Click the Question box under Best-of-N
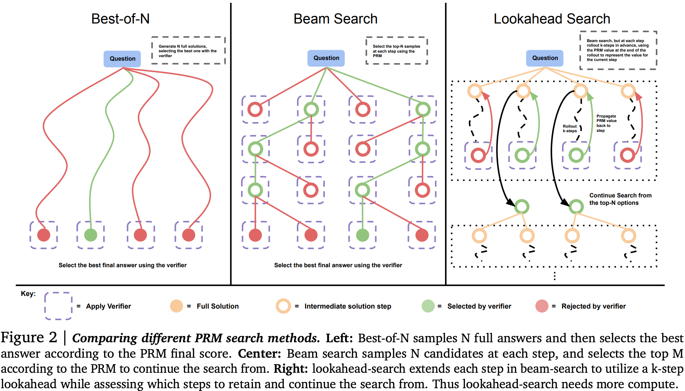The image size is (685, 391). [122, 59]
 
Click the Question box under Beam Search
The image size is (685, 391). [326, 58]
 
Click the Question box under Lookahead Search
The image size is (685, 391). [545, 58]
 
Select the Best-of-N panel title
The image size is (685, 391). [120, 19]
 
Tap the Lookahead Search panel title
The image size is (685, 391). [552, 19]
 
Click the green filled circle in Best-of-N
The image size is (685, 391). [91, 235]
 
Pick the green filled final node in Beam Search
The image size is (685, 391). [363, 235]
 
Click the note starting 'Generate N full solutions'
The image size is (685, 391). [188, 51]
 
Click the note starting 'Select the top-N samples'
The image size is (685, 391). [396, 51]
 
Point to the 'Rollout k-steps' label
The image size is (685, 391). [570, 129]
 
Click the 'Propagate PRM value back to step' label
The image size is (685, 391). [606, 123]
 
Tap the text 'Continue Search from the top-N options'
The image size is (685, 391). [620, 199]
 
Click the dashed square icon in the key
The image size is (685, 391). [58, 306]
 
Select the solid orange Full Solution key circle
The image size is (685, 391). [177, 306]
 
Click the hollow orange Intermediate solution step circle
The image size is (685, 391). [283, 306]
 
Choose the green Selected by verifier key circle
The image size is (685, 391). [428, 306]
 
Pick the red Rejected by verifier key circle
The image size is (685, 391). [542, 306]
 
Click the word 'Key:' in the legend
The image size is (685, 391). [28, 294]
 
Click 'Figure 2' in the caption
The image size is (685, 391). [29, 337]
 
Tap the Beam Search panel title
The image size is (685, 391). [335, 19]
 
